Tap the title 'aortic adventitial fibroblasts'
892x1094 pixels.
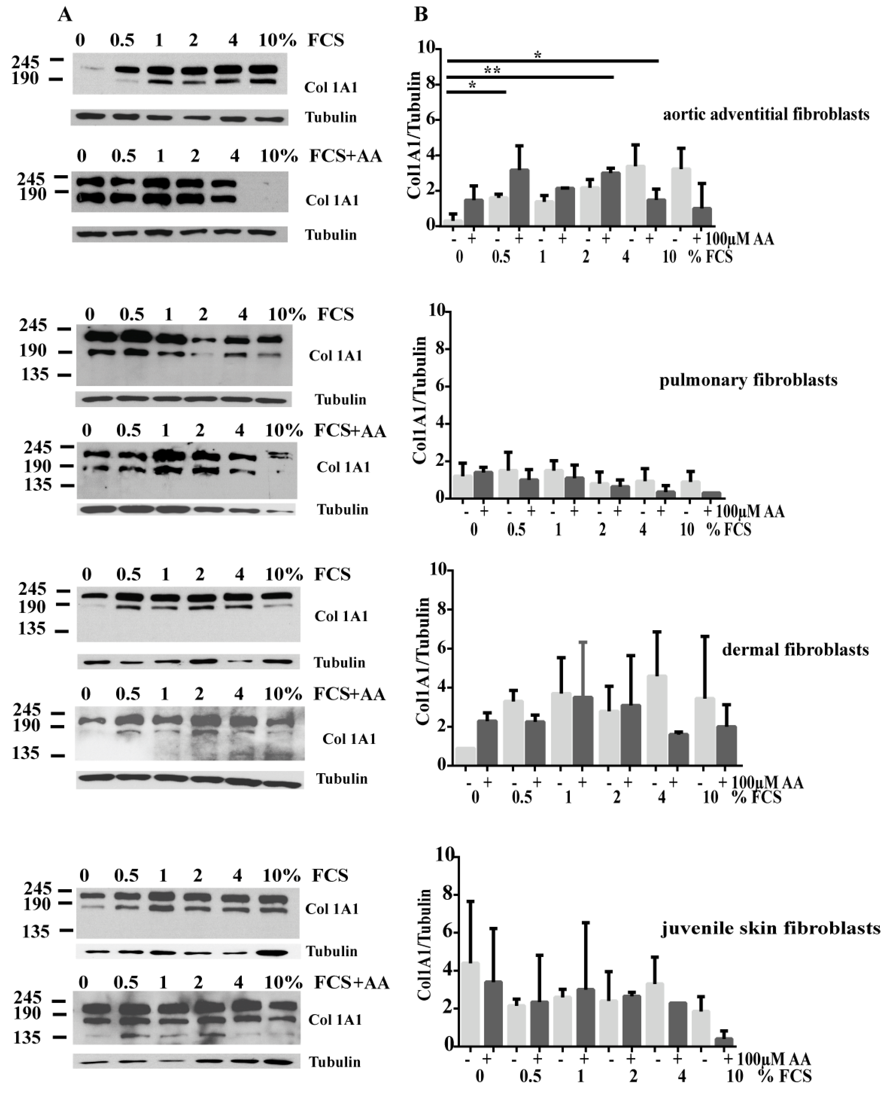tap(766, 114)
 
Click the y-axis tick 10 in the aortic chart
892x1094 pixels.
tap(425, 48)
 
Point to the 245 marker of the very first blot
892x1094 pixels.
tap(26, 62)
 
